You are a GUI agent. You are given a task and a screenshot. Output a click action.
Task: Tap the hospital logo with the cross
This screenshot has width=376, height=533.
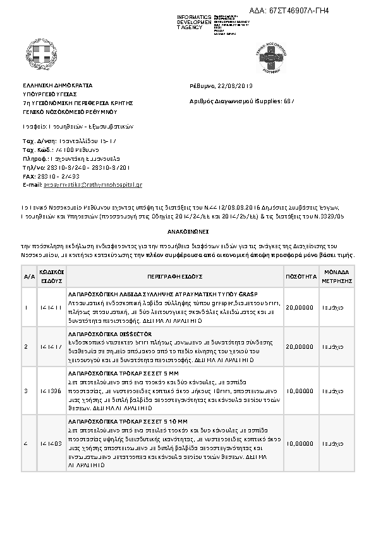tap(271, 56)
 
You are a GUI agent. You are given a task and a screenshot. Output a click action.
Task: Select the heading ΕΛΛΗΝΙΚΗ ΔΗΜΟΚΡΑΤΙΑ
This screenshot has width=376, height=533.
tap(58, 85)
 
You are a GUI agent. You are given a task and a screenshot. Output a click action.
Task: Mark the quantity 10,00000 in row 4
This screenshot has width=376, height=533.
tap(300, 444)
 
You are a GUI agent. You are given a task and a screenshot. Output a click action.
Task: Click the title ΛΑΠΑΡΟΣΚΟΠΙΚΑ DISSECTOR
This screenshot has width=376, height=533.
tap(106, 334)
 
